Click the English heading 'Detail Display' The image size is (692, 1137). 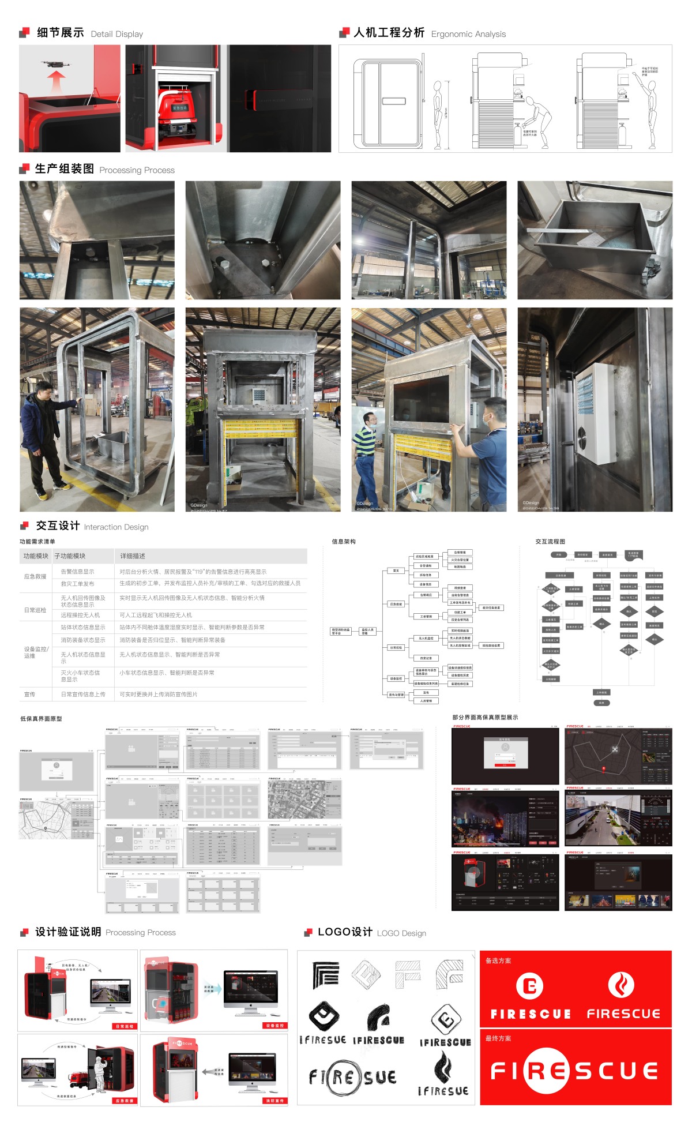click(117, 35)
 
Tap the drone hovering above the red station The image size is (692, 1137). click(55, 64)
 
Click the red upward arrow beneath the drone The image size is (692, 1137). click(55, 81)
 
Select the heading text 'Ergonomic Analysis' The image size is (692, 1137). click(468, 35)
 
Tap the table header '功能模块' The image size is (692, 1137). click(36, 556)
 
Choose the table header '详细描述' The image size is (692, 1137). click(133, 556)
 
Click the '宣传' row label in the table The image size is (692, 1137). click(29, 694)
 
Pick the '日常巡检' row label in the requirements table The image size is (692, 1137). click(35, 610)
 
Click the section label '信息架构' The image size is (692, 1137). click(344, 542)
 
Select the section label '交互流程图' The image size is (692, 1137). click(550, 542)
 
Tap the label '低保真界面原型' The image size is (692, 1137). click(41, 719)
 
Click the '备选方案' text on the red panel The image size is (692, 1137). click(498, 960)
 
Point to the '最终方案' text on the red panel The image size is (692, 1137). click(498, 1038)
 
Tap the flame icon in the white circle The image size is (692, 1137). click(621, 985)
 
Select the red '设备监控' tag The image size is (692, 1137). click(273, 1026)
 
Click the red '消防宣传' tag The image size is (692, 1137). click(273, 1101)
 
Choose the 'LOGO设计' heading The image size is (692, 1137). click(345, 932)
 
